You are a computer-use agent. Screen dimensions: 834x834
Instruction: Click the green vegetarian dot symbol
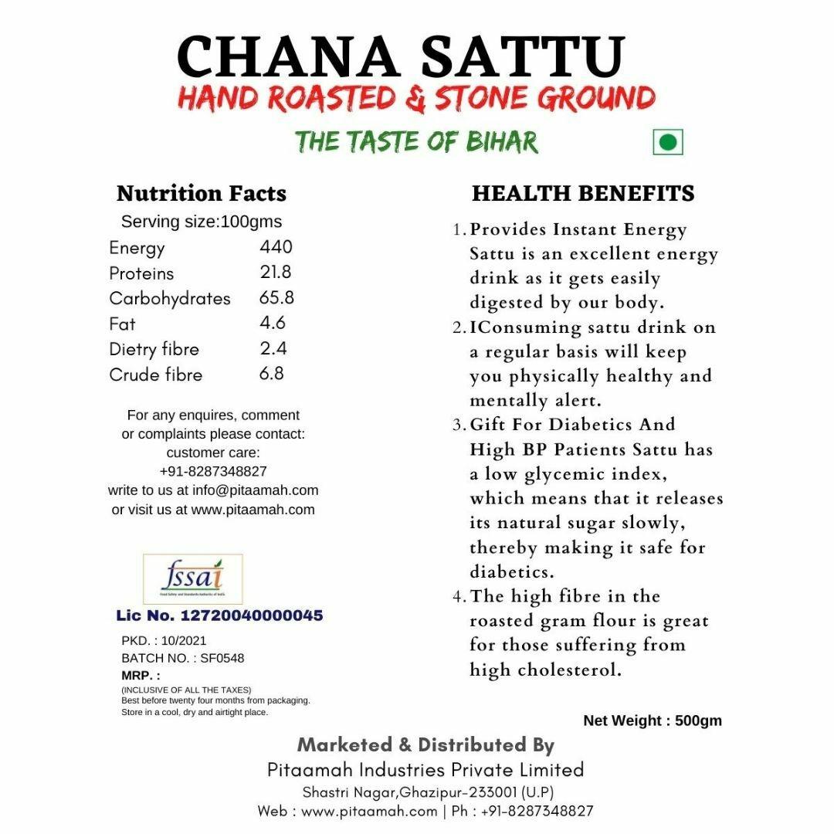pos(669,142)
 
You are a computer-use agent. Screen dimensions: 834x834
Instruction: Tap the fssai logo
pos(193,579)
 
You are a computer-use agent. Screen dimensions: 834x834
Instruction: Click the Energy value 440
pos(276,247)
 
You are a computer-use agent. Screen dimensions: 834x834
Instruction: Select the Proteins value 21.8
pos(276,273)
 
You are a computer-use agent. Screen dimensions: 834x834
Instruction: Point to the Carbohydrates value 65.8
pos(277,298)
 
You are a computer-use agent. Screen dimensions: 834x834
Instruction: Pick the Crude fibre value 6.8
pos(272,374)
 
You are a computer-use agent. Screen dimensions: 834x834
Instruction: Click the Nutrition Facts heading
pos(201,193)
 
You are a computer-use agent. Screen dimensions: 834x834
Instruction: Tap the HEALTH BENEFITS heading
pos(583,193)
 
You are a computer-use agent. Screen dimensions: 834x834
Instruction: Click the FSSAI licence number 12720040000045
pos(252,615)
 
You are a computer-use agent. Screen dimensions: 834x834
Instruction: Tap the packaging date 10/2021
pos(185,640)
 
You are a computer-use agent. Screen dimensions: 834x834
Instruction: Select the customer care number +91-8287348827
pos(213,471)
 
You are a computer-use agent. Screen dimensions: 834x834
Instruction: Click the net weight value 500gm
pos(698,720)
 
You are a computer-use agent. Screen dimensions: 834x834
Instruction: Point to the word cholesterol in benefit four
pos(570,670)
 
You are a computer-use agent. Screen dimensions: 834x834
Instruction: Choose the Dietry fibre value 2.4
pos(273,348)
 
